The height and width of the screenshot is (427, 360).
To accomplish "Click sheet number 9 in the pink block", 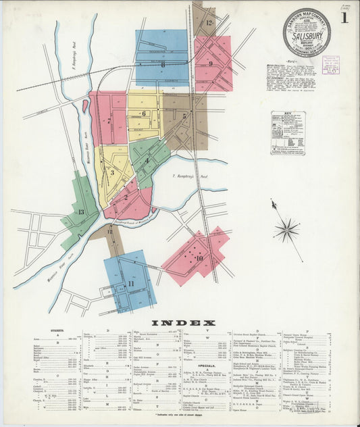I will click(x=211, y=64).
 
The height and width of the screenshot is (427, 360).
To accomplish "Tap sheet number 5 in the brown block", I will click(x=184, y=116).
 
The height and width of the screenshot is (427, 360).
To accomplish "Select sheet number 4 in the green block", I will click(x=147, y=161).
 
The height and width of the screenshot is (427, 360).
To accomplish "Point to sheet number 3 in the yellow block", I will click(x=112, y=172).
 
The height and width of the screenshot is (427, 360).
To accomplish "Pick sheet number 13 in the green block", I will click(x=81, y=212).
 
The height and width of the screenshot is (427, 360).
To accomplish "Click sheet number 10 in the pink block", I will click(x=199, y=258).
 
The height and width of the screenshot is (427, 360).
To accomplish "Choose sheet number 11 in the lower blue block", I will click(x=130, y=284).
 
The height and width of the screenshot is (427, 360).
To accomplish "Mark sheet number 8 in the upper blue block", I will click(x=163, y=65).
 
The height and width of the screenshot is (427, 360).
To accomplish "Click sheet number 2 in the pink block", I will click(x=126, y=198).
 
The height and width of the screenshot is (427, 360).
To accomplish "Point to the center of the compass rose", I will click(x=287, y=230).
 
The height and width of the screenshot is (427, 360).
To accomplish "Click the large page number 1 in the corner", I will click(x=344, y=18).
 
